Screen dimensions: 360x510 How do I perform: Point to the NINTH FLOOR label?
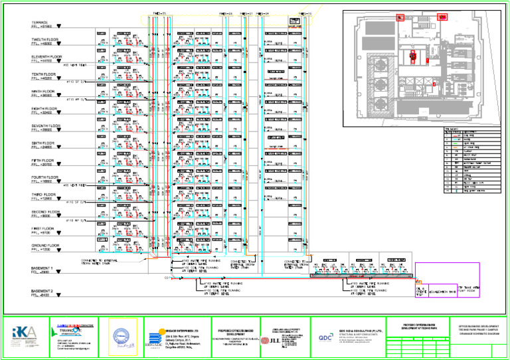(x=42, y=92)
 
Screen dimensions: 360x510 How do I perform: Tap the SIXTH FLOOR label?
(x=42, y=143)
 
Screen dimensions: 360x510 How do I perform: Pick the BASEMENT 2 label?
(x=42, y=291)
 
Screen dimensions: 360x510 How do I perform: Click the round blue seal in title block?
(x=117, y=334)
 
